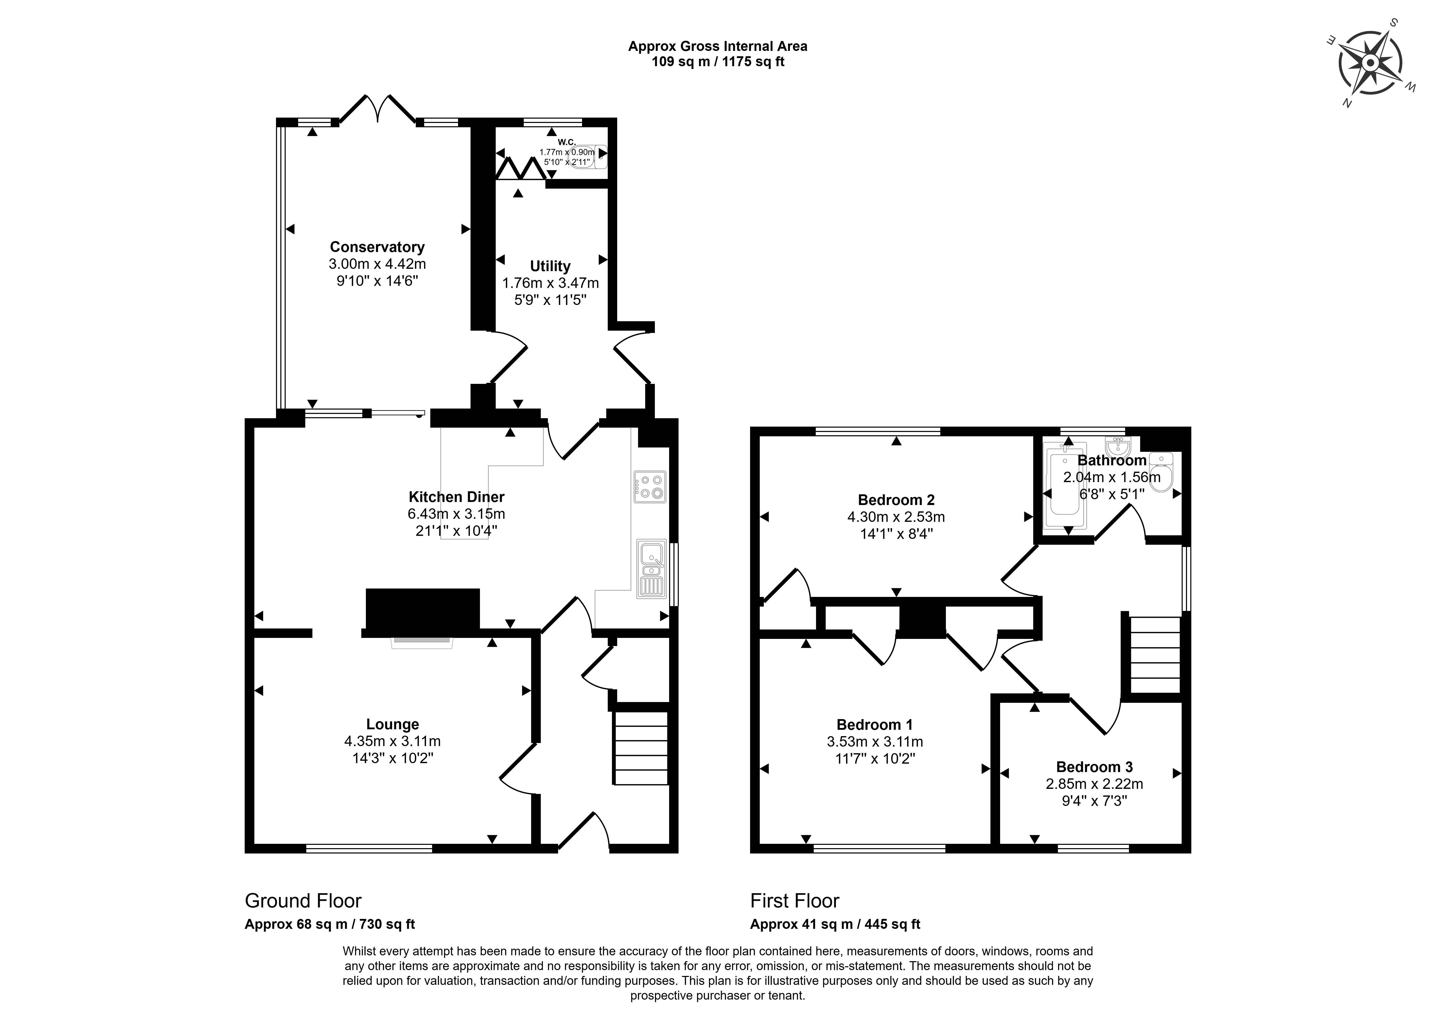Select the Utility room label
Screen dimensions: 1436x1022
(x=550, y=266)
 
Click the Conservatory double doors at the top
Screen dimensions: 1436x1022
(x=378, y=108)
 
